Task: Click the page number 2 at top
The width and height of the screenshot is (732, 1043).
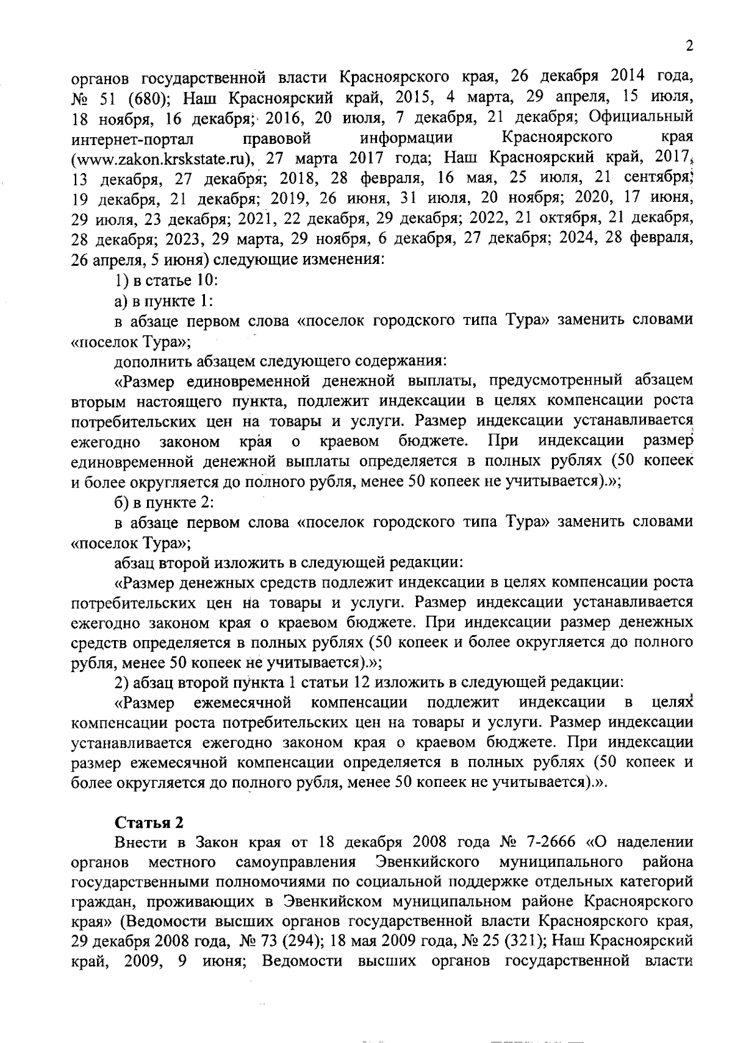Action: [x=689, y=47]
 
